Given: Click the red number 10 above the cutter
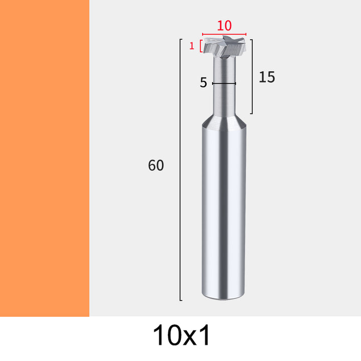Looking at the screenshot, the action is (x=224, y=26).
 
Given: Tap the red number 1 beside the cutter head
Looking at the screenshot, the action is (x=192, y=46).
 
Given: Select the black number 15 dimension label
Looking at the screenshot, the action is (x=267, y=77).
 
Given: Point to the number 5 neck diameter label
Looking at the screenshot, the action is (x=203, y=82).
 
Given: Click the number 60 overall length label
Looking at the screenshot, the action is (x=156, y=165).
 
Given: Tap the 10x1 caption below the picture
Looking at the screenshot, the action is (x=181, y=335).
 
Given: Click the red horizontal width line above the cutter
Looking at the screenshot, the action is (x=224, y=34).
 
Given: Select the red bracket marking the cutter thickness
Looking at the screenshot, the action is (x=201, y=46).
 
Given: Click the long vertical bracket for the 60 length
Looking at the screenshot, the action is (x=180, y=169).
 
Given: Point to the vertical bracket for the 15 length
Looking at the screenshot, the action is (x=252, y=77).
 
